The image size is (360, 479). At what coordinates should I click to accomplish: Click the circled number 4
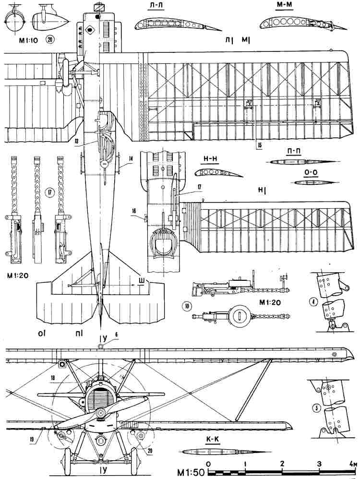click(x=313, y=302)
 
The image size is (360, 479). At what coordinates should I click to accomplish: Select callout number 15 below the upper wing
click(x=259, y=144)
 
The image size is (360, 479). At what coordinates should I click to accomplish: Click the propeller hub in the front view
click(x=100, y=414)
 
